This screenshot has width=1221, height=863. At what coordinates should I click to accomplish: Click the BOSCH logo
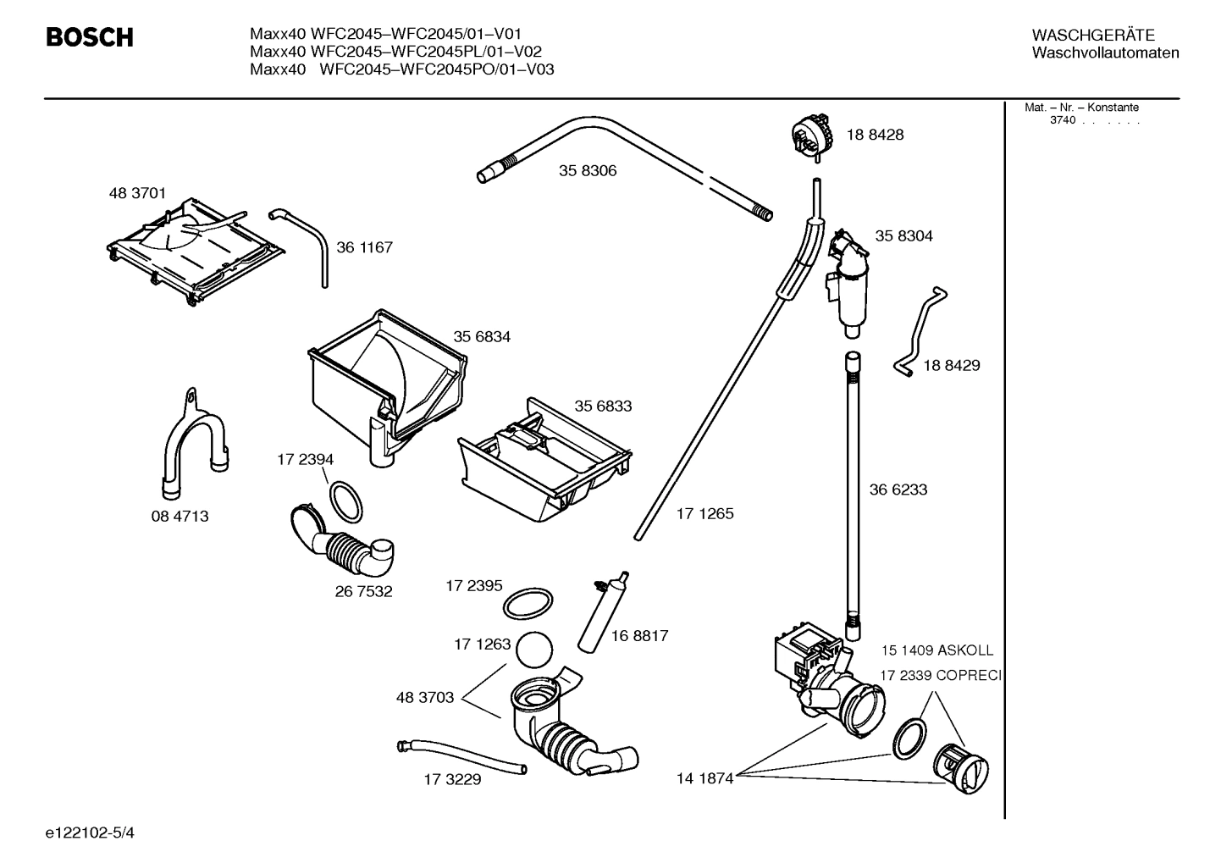pyautogui.click(x=89, y=38)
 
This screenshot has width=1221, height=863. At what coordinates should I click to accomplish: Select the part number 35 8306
pyautogui.click(x=587, y=171)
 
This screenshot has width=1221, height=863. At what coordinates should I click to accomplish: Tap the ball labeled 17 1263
pyautogui.click(x=533, y=652)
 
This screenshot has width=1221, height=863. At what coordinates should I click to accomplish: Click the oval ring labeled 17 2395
pyautogui.click(x=528, y=604)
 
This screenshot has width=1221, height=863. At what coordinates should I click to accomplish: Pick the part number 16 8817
pyautogui.click(x=639, y=636)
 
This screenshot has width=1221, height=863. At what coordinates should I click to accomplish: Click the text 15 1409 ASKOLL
pyautogui.click(x=936, y=650)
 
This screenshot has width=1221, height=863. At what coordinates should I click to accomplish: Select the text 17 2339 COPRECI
pyautogui.click(x=940, y=675)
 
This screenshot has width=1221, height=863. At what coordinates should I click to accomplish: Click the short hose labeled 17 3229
pyautogui.click(x=461, y=756)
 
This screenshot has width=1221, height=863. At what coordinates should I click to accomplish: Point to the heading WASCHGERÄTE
pyautogui.click(x=1092, y=35)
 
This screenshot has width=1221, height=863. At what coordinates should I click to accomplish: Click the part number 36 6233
pyautogui.click(x=898, y=490)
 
